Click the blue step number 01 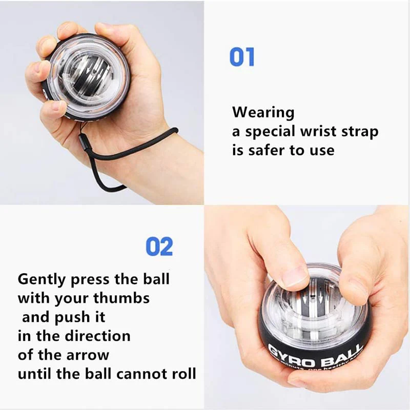click(242, 57)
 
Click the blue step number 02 click(159, 247)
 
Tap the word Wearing click(263, 112)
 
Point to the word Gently click(42, 279)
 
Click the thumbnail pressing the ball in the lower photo click(296, 276)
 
